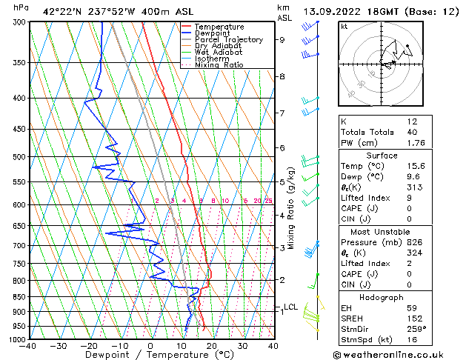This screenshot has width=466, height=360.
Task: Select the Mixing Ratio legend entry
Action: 218,65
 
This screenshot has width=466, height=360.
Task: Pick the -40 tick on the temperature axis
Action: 28,346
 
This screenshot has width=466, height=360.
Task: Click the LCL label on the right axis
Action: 291,307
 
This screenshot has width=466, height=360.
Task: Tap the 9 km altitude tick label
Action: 282,40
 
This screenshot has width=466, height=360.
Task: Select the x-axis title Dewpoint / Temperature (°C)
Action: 150,355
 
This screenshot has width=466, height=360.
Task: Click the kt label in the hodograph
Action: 344,26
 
